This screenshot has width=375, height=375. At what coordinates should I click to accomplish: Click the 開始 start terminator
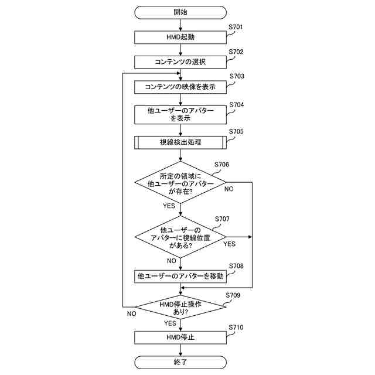[180, 12]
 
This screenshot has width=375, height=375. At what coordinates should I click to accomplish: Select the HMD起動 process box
[180, 37]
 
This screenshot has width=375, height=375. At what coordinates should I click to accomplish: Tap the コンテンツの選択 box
[180, 62]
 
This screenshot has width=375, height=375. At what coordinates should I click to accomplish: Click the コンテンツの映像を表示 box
[180, 87]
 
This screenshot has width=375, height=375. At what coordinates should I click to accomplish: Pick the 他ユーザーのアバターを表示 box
[180, 114]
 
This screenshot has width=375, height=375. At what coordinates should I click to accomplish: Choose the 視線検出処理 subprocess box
[180, 142]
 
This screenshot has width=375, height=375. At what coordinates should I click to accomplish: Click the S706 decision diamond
[180, 183]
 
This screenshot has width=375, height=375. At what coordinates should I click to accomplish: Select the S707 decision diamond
[180, 237]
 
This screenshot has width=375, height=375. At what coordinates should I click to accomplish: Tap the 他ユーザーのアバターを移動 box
[180, 275]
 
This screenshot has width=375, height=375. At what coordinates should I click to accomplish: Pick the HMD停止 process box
[180, 337]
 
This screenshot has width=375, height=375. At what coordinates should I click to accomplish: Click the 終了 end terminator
[180, 362]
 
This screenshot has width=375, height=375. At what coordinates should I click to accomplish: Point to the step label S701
[236, 27]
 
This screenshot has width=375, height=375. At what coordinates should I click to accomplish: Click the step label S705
[236, 132]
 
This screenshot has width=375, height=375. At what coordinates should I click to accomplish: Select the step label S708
[236, 265]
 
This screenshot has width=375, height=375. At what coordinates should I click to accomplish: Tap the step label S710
[236, 328]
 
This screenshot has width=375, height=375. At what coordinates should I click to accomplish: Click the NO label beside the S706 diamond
[229, 189]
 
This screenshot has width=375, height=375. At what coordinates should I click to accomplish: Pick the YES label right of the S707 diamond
[229, 244]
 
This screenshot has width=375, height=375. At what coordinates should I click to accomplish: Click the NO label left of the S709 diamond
[131, 314]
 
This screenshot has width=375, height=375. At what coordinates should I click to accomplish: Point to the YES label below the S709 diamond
[170, 323]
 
